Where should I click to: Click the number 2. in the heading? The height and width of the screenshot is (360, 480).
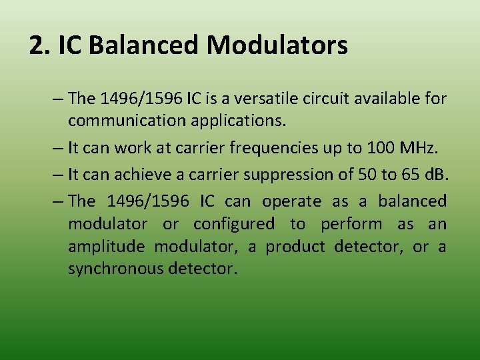pyautogui.click(x=40, y=45)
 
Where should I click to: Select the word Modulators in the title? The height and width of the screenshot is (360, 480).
pyautogui.click(x=277, y=45)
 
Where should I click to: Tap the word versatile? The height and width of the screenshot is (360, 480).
pyautogui.click(x=257, y=99)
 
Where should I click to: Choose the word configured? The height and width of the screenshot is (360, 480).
pyautogui.click(x=233, y=224)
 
